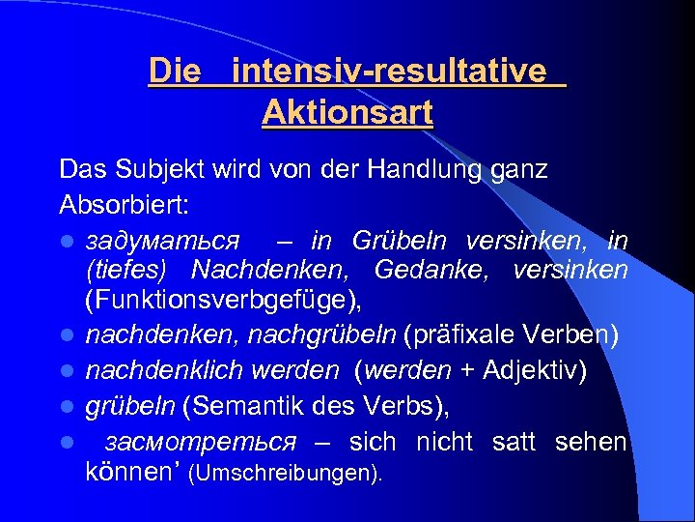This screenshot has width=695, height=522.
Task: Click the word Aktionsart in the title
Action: pyautogui.click(x=347, y=113)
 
